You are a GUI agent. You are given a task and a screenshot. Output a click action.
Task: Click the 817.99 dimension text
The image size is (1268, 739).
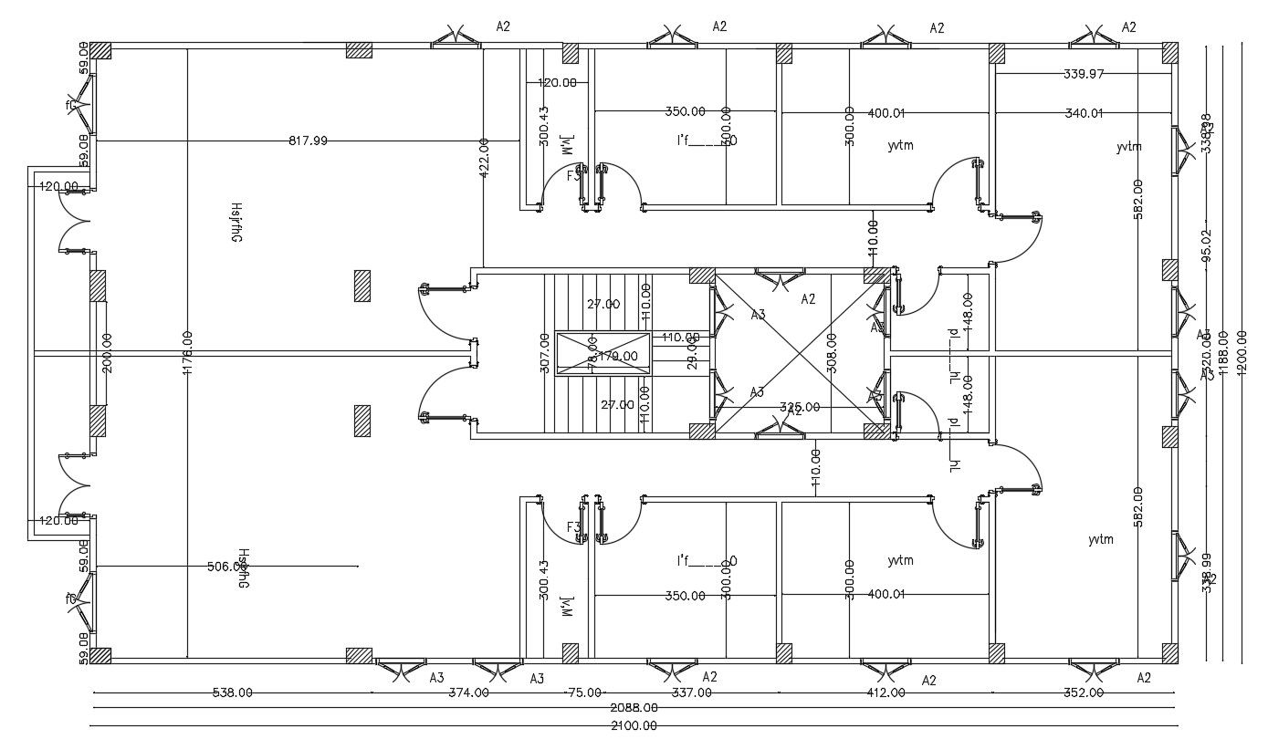coord(308,141)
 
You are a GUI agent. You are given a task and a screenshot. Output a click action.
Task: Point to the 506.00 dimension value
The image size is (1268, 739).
coord(227,567)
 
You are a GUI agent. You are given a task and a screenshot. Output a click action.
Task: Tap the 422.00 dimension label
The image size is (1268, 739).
coord(484,156)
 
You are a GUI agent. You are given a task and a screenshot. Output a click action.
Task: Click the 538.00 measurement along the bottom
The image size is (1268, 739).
coord(232,692)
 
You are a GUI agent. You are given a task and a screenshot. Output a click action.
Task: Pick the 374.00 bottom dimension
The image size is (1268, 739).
coord(468,692)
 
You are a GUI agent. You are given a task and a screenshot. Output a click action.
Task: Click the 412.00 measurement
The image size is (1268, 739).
coord(886,692)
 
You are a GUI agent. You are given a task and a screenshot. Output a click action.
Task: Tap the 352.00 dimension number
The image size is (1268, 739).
coord(1084,692)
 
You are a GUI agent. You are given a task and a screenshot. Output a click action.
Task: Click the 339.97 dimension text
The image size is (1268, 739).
coord(1085,74)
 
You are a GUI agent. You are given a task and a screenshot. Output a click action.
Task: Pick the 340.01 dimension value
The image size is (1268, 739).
coord(1085,113)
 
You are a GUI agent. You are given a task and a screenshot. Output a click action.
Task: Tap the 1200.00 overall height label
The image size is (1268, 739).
coord(1241,351)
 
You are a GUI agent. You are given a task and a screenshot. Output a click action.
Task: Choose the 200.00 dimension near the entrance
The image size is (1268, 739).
coord(108,351)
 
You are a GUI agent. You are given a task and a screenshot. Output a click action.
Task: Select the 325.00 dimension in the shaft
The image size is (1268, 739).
coord(800,407)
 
